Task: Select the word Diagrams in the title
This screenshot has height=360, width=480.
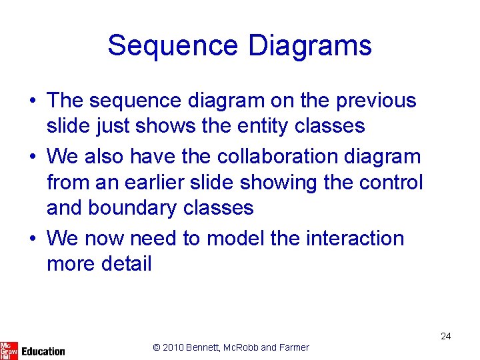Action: [x=310, y=46]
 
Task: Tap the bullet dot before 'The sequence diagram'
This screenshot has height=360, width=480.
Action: [x=33, y=101]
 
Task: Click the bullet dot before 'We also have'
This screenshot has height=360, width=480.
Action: [x=33, y=157]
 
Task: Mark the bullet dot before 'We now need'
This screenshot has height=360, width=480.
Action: [x=33, y=239]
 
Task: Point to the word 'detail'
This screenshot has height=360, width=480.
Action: [x=127, y=264]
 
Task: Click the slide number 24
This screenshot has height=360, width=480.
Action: [x=445, y=336]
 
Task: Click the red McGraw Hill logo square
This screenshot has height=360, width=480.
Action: [x=9, y=350]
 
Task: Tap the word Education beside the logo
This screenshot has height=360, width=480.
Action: [x=43, y=351]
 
